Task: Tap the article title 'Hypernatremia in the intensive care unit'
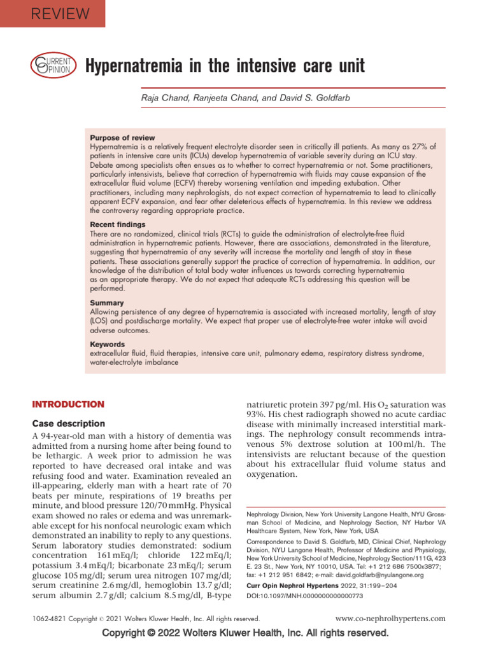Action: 225,65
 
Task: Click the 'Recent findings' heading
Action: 117,225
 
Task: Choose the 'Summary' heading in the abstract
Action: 107,303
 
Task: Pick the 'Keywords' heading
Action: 108,343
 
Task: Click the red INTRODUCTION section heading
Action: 67,404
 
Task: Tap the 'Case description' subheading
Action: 69,423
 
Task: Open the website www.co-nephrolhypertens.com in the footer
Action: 390,618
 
